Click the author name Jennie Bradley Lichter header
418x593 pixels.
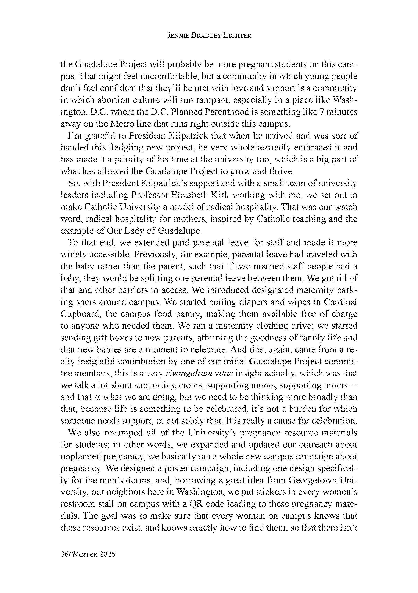click(x=209, y=36)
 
